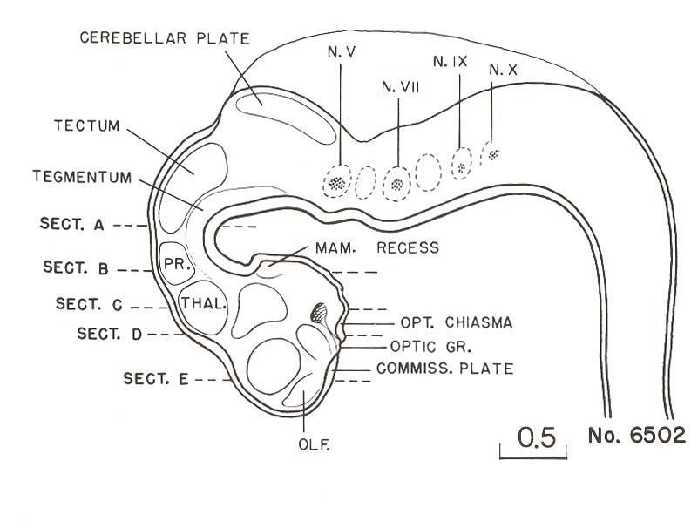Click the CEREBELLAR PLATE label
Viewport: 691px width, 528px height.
[165, 37]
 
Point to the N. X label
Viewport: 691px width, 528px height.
[504, 69]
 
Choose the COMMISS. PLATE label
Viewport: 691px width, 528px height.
[444, 369]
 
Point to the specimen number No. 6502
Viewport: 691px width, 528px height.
[637, 435]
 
